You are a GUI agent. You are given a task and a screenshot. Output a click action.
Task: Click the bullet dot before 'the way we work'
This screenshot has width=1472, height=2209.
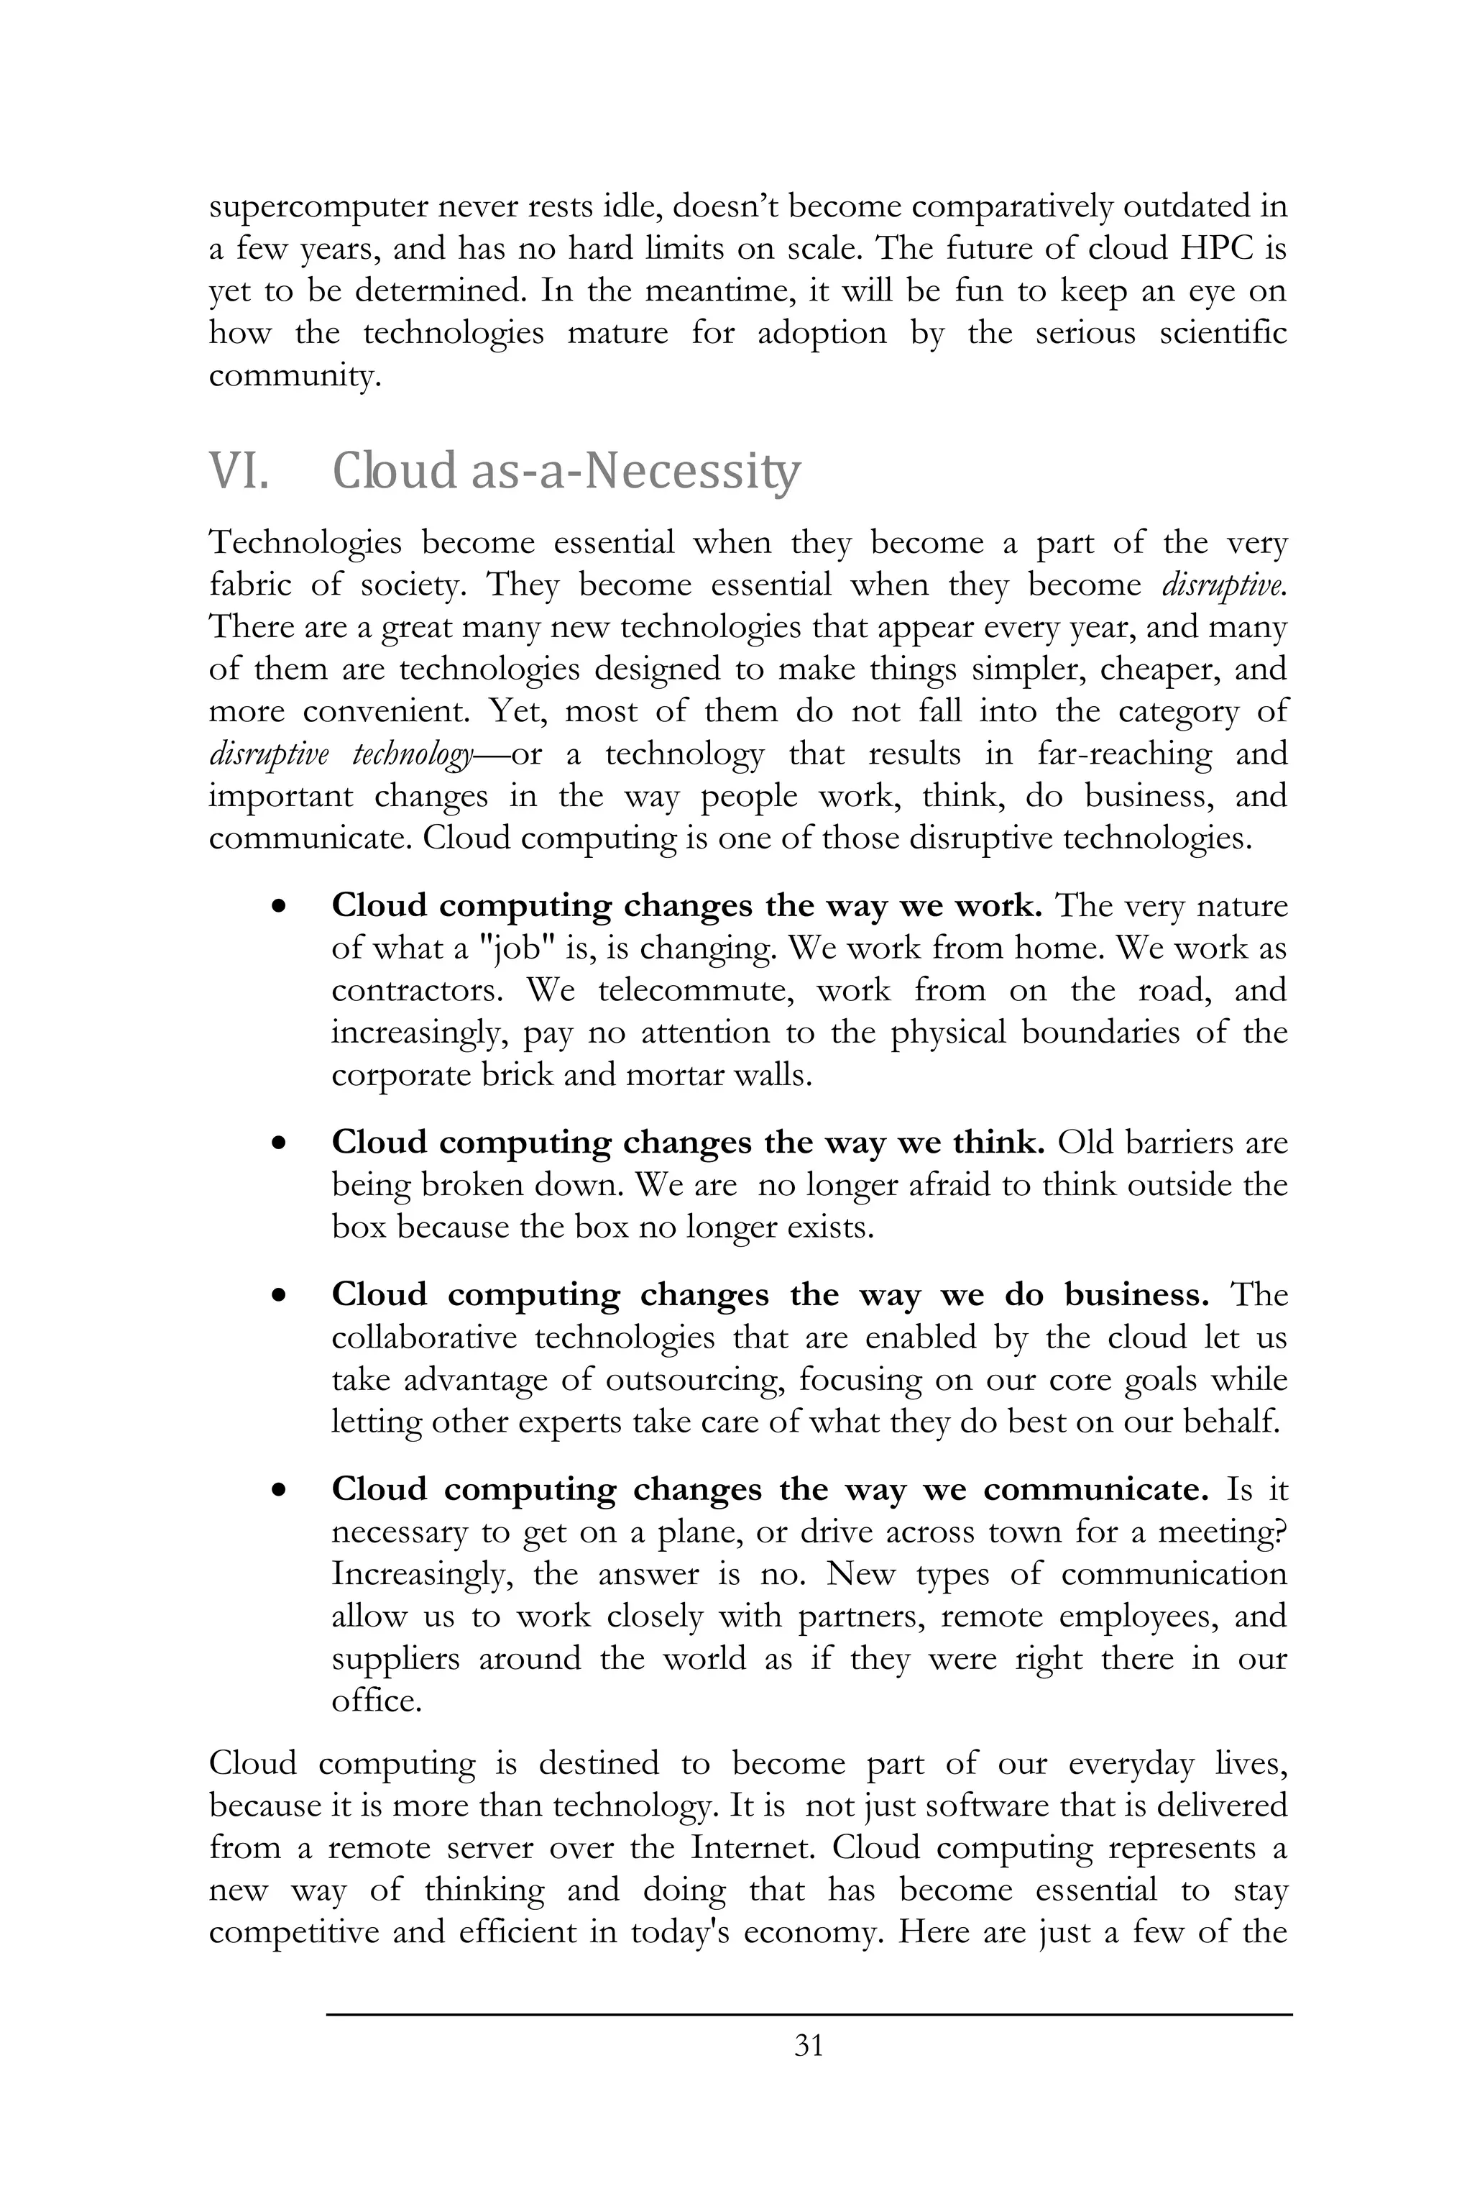click(278, 907)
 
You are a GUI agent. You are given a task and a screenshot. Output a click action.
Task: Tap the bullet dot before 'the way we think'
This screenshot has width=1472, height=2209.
click(278, 1144)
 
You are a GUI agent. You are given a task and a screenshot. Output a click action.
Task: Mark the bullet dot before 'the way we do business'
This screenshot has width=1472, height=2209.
click(278, 1296)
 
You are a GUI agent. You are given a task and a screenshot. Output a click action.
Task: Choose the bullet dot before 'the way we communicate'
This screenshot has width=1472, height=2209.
click(278, 1491)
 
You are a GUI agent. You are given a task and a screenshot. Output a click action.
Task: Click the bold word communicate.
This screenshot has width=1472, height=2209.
click(1095, 1490)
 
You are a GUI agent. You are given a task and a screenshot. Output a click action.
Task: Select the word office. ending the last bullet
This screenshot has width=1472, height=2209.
click(375, 1701)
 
